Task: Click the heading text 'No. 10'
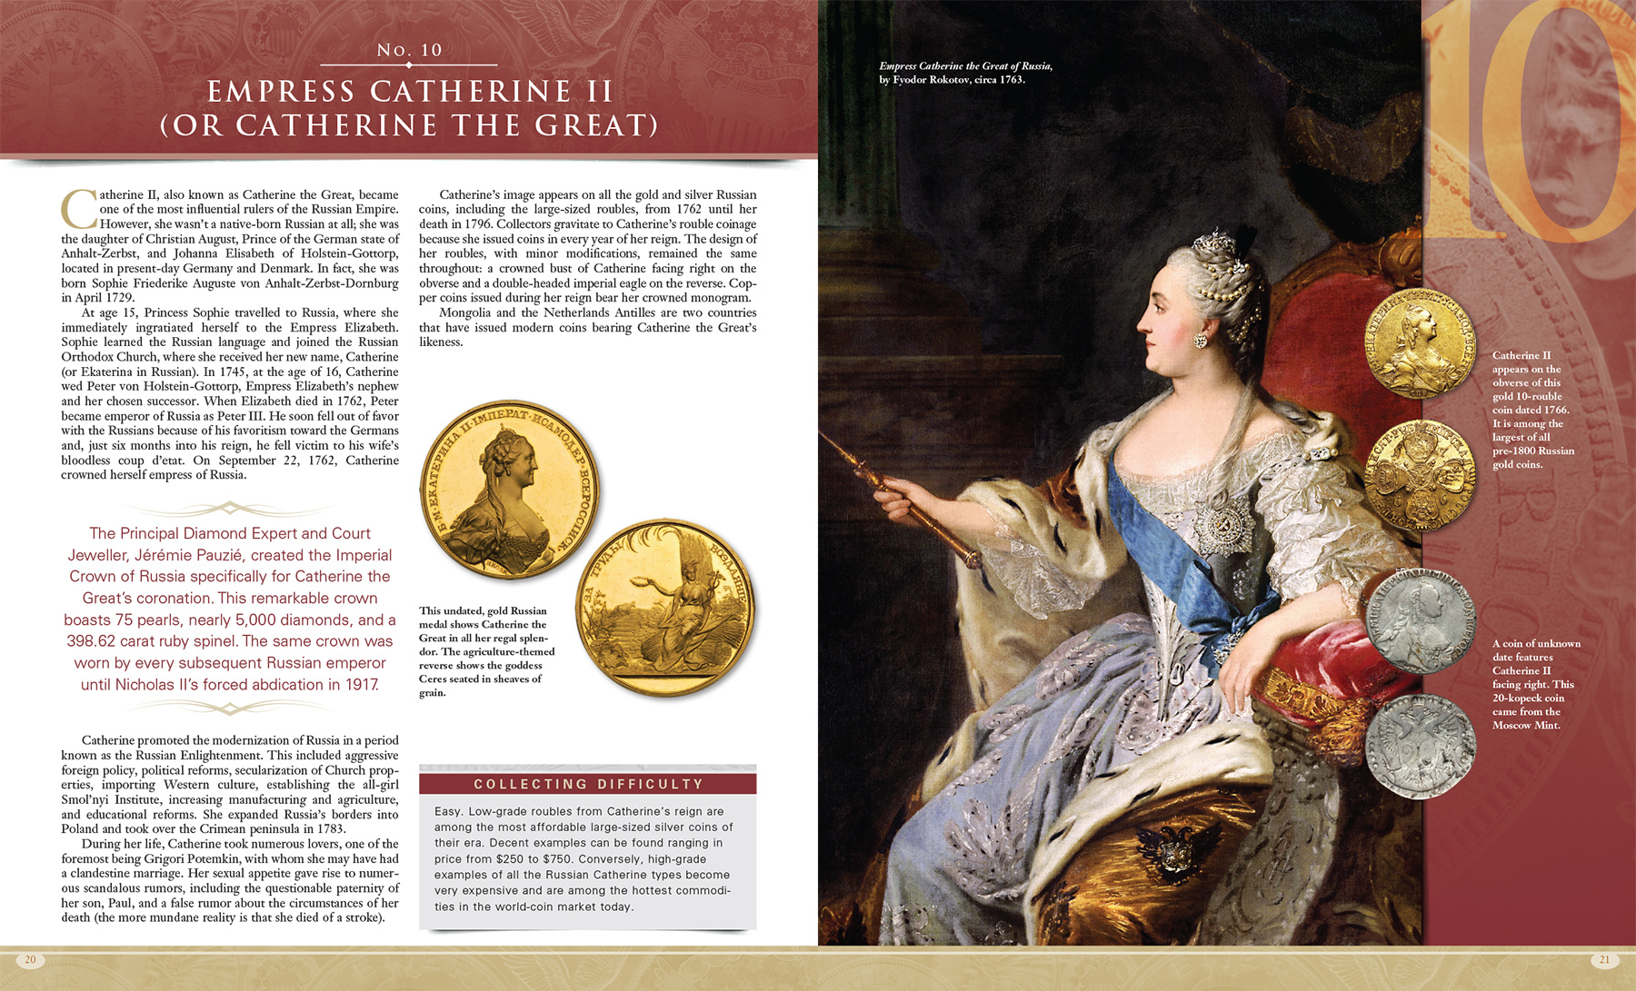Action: [409, 50]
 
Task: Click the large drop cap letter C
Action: [79, 210]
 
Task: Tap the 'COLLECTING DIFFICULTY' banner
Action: [588, 784]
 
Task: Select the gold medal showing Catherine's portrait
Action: [509, 491]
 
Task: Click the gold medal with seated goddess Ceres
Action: [666, 607]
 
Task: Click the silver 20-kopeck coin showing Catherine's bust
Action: [1419, 620]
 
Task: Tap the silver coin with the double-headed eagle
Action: [1419, 747]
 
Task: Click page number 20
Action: [30, 959]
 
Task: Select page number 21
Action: [1604, 959]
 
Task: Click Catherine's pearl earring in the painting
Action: [1202, 341]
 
